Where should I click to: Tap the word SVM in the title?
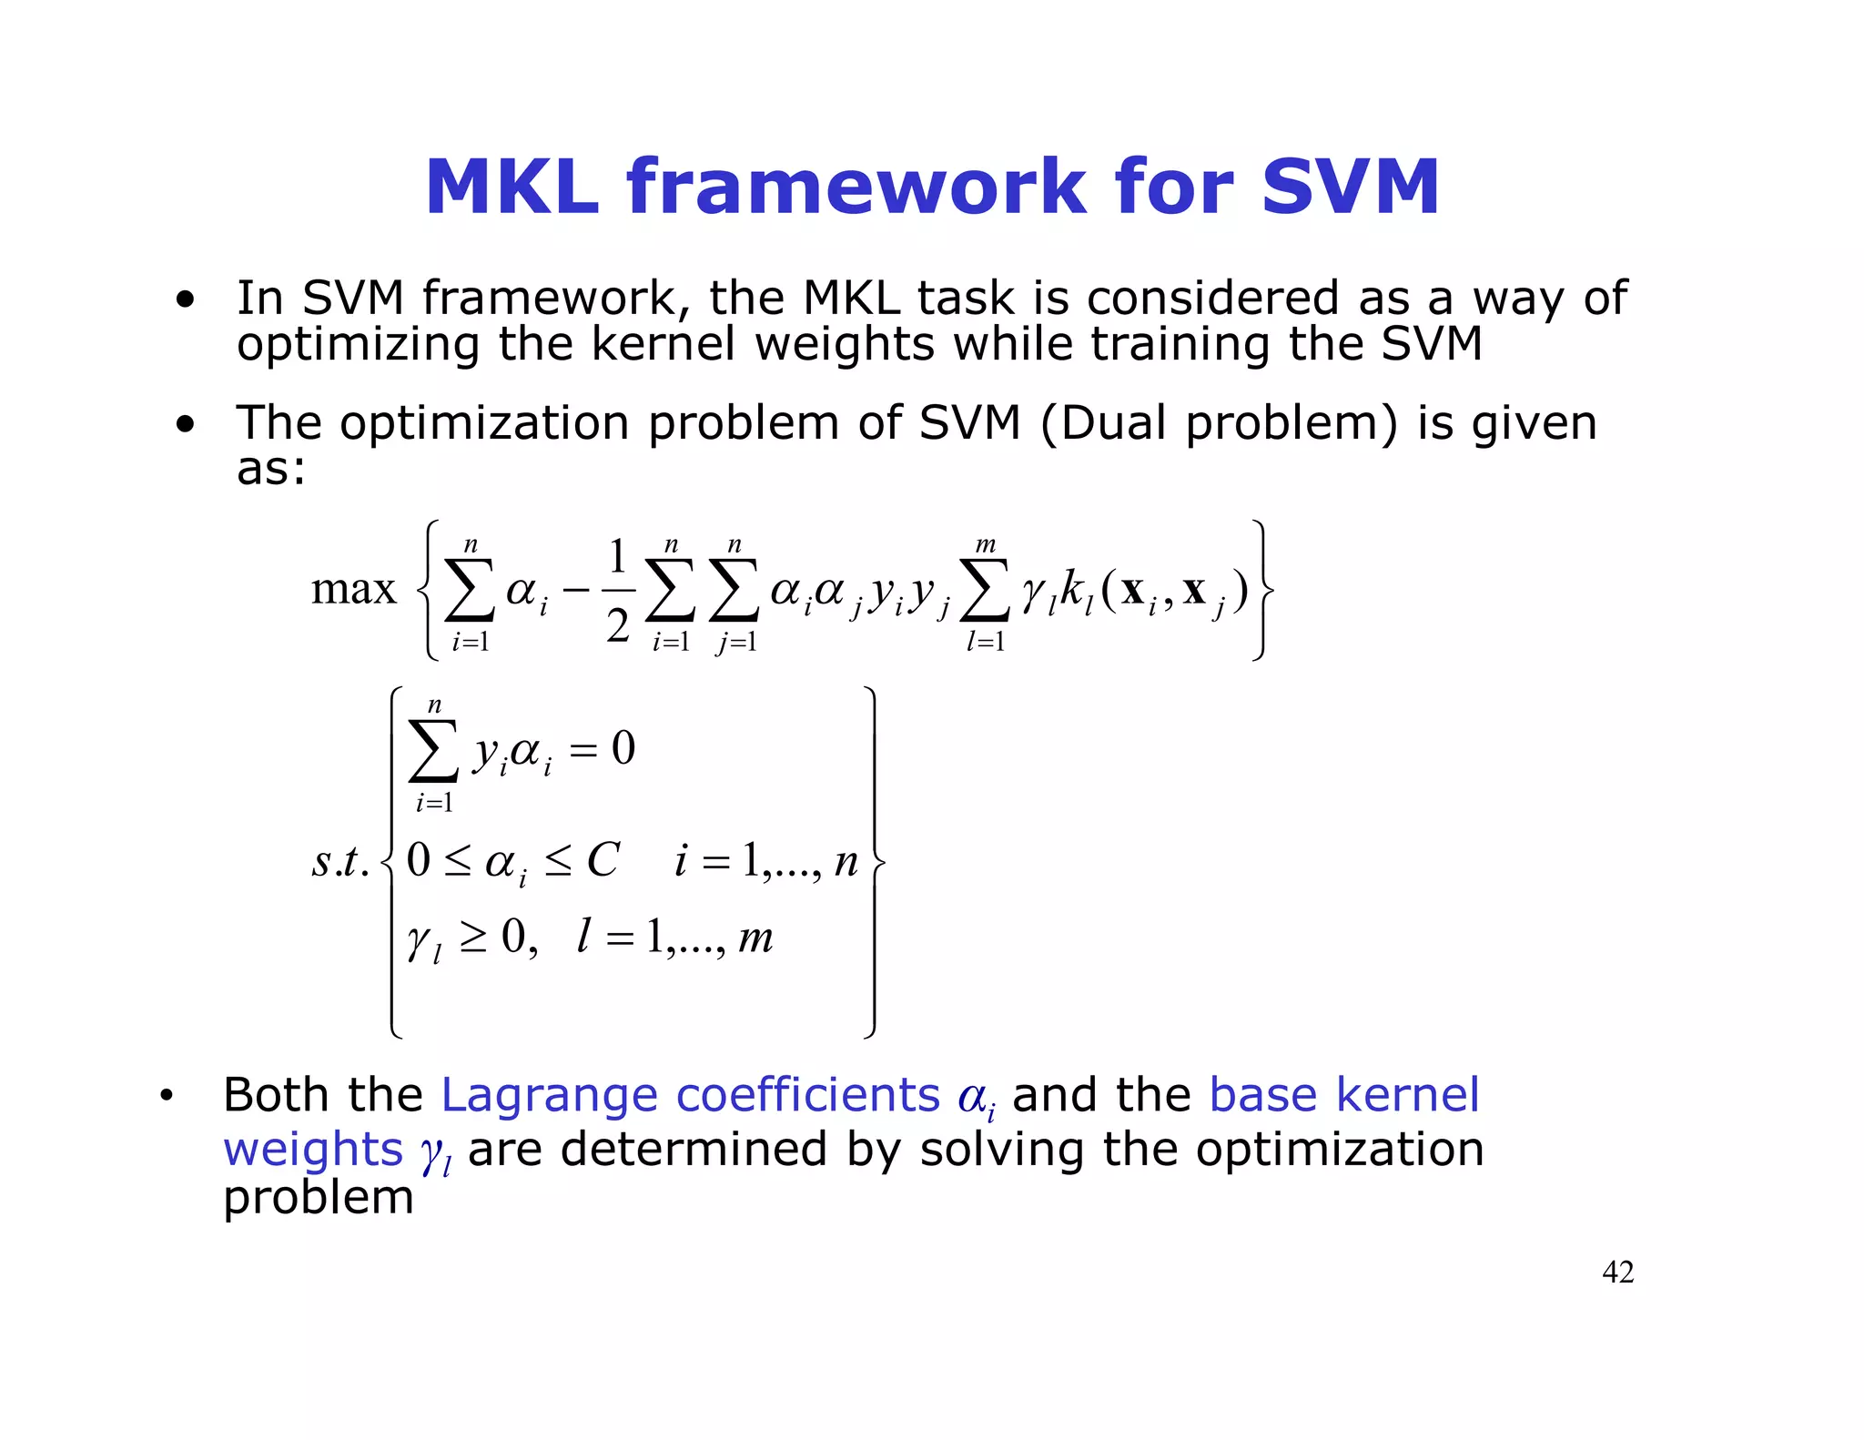[x=1351, y=188]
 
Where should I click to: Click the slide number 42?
[x=1617, y=1272]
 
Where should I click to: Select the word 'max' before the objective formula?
[x=353, y=590]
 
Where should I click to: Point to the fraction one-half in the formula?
[x=618, y=590]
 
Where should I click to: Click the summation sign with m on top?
[x=986, y=590]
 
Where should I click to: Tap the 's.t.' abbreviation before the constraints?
[x=340, y=861]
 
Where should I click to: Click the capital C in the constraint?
[x=603, y=859]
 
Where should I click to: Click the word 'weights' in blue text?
[x=312, y=1149]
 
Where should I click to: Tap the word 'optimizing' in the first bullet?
[x=357, y=345]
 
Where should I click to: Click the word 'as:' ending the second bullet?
[x=271, y=469]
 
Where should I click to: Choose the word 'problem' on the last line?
[x=319, y=1198]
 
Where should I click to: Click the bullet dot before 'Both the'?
[x=166, y=1097]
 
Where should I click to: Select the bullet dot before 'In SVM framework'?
[x=186, y=299]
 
